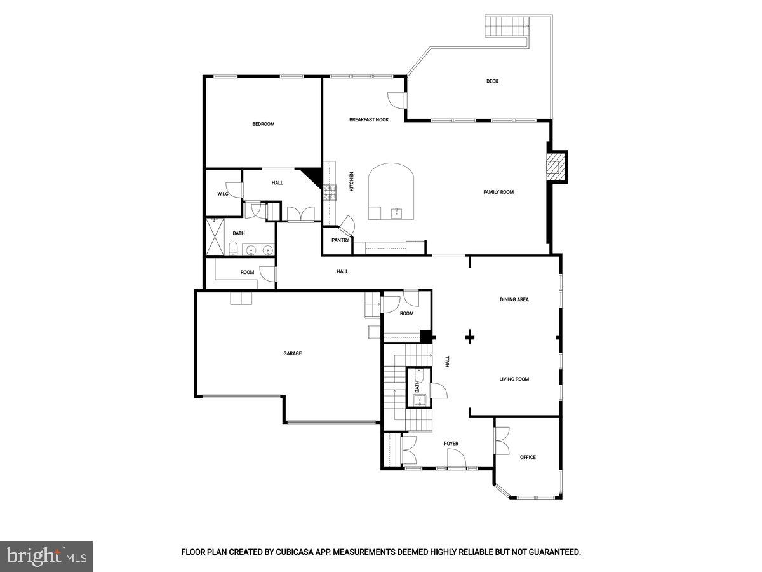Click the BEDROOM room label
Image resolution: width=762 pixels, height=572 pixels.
[x=263, y=124]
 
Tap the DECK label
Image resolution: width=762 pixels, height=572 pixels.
[x=492, y=81]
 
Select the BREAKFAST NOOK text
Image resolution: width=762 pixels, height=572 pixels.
[x=368, y=119]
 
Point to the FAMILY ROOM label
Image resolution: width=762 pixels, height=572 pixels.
[x=498, y=192]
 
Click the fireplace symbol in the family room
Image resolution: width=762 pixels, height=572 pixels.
[x=557, y=167]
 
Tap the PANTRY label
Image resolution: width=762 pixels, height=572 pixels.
[x=340, y=240]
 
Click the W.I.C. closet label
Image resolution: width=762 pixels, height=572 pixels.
[x=223, y=194]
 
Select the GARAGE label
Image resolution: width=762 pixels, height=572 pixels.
[x=292, y=353]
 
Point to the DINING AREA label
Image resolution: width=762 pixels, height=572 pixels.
[x=514, y=299]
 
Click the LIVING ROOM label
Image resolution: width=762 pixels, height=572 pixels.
[x=514, y=379]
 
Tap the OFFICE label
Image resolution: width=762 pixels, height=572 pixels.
[x=528, y=457]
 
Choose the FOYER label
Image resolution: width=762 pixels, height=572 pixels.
[x=451, y=444]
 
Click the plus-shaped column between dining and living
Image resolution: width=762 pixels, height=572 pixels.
[x=470, y=337]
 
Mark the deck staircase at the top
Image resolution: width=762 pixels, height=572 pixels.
[x=507, y=27]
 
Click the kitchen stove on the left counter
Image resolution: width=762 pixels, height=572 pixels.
[x=330, y=192]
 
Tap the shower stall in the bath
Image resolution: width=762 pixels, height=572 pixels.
[x=215, y=237]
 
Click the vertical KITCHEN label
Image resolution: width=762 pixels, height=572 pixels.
[x=351, y=182]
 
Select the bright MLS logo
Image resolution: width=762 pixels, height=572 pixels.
[x=46, y=557]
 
